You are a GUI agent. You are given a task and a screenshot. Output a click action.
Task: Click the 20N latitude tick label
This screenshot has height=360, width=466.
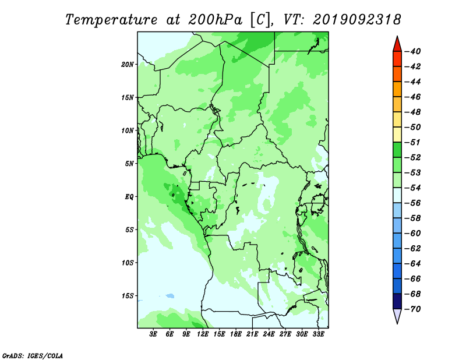[x=128, y=65]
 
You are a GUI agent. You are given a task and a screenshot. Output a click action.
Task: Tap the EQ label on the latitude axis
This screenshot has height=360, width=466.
[x=129, y=197]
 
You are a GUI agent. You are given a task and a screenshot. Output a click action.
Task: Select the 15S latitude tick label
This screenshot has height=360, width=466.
[x=128, y=296]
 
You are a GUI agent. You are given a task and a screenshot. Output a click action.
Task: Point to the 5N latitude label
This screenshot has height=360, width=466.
[x=129, y=164]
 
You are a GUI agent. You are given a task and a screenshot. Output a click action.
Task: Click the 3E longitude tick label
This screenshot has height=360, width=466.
[x=153, y=334]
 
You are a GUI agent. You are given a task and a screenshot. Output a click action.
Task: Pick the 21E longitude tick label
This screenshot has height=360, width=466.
[x=252, y=334]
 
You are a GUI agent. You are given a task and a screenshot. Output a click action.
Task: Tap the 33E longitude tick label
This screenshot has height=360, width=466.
[x=318, y=334]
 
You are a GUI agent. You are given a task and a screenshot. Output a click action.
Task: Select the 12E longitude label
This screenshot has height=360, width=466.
[x=203, y=334]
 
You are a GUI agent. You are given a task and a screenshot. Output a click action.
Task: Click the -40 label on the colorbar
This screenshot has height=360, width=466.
[x=413, y=51]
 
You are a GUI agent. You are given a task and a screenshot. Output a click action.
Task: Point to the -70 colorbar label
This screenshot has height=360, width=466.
[x=413, y=309]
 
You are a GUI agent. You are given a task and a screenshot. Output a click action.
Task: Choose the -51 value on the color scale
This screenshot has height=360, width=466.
[x=413, y=142]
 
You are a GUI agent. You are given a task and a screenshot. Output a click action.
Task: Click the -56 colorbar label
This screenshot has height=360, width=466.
[x=413, y=203]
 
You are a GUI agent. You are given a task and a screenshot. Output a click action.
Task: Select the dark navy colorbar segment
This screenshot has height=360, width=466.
[x=397, y=301]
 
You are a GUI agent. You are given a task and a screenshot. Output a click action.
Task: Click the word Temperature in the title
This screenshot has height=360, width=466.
[x=111, y=20]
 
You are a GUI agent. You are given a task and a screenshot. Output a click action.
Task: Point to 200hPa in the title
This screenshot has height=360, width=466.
[x=216, y=20]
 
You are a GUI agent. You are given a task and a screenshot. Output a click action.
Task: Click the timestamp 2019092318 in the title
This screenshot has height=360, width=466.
[x=357, y=20]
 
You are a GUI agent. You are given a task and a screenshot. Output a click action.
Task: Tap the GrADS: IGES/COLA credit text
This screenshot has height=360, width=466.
[x=33, y=356]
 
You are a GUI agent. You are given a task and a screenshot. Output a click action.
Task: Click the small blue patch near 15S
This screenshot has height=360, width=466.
[x=170, y=296]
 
